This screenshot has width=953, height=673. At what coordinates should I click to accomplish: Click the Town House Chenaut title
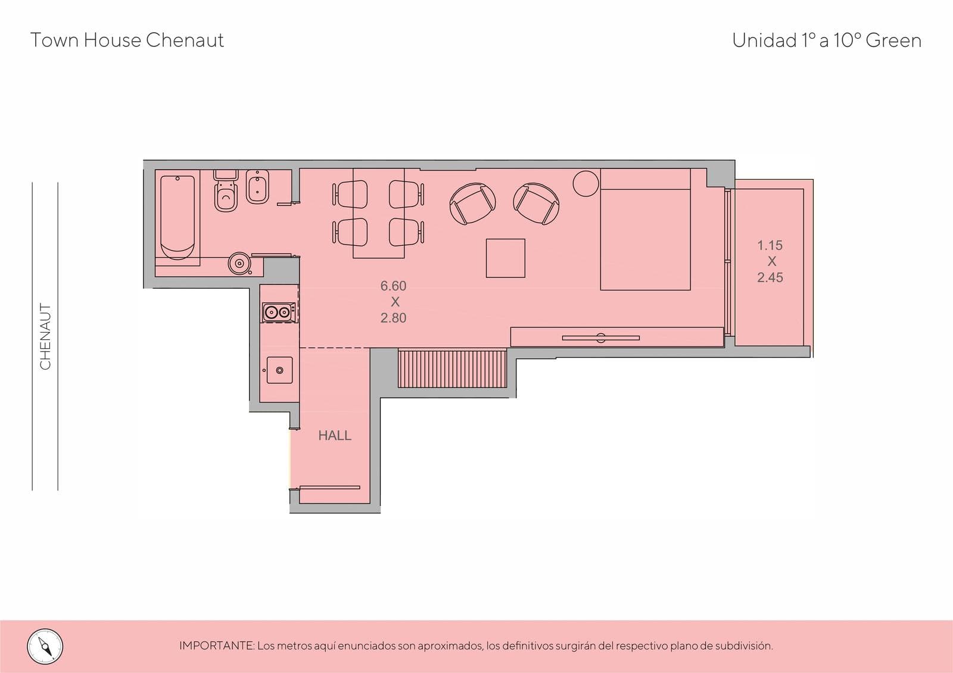click(x=127, y=40)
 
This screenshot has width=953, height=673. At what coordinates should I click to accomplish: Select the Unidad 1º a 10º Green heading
click(x=827, y=40)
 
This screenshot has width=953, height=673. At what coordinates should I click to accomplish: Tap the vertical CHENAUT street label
click(x=45, y=336)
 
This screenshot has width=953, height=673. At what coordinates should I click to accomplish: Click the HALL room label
click(x=335, y=436)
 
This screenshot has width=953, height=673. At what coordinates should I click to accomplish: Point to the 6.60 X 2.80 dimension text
click(x=394, y=302)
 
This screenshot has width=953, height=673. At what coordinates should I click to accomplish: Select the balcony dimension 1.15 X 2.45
click(x=770, y=261)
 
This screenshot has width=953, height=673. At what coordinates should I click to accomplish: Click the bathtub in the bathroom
click(x=177, y=218)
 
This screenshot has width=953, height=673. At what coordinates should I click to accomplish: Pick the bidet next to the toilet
click(x=257, y=187)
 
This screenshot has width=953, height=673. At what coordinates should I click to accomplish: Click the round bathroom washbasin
click(x=239, y=264)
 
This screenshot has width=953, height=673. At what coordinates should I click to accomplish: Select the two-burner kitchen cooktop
click(x=279, y=312)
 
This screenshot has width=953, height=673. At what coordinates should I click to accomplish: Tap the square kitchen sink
click(x=279, y=370)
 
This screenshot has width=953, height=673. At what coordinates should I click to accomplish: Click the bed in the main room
click(x=646, y=230)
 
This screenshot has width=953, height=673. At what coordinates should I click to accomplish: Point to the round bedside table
click(x=586, y=184)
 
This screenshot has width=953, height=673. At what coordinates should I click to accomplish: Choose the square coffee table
click(x=506, y=258)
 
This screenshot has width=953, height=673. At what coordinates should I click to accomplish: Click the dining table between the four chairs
click(x=378, y=214)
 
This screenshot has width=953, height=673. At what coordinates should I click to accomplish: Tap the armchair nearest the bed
click(x=536, y=204)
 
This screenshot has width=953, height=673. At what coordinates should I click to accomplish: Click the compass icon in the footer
click(x=45, y=647)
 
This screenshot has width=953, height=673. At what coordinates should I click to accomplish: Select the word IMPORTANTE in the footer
click(x=217, y=646)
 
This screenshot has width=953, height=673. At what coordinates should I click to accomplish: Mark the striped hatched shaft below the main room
click(x=452, y=369)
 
